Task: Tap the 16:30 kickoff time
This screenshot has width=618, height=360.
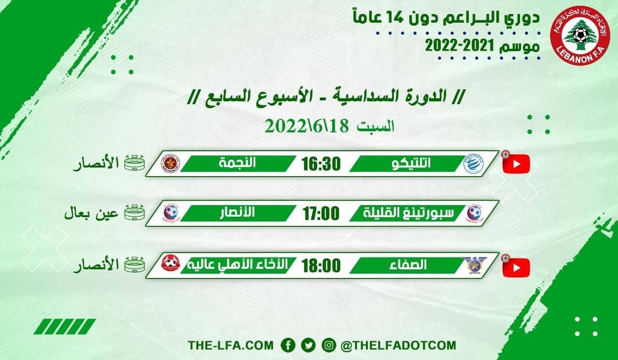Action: (322, 164)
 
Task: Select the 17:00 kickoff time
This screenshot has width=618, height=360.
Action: (322, 213)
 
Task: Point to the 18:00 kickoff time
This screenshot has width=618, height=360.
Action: (322, 265)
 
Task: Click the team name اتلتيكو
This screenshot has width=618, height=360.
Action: (410, 164)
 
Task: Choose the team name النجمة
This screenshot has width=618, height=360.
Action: (237, 164)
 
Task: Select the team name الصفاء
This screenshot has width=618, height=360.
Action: (410, 265)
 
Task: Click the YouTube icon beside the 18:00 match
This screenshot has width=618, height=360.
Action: (516, 268)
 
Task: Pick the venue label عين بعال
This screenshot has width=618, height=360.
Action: (92, 213)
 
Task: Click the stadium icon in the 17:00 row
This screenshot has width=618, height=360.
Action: (135, 213)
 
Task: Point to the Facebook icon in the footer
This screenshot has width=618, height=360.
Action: (288, 346)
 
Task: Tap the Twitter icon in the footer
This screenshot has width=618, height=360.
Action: (308, 346)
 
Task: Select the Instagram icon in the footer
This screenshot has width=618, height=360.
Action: (328, 346)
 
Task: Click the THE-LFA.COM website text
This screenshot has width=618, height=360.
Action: (231, 346)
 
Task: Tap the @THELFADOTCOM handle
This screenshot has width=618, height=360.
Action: (398, 346)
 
